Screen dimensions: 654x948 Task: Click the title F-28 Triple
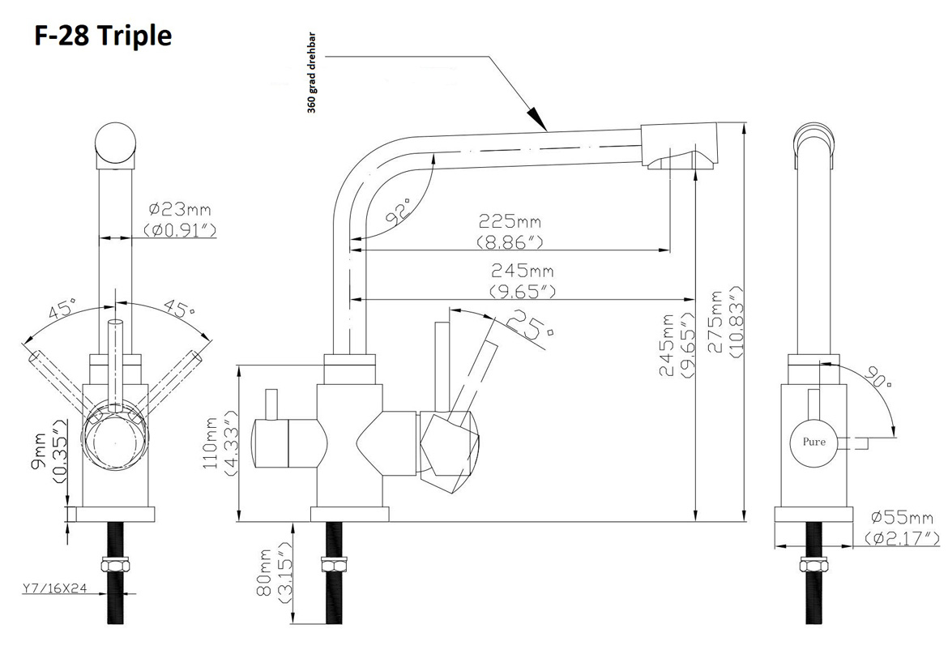click(x=102, y=36)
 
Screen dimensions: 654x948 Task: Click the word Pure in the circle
click(x=814, y=442)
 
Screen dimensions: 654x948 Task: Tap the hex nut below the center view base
click(x=334, y=566)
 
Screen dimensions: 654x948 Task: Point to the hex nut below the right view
click(x=813, y=566)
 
